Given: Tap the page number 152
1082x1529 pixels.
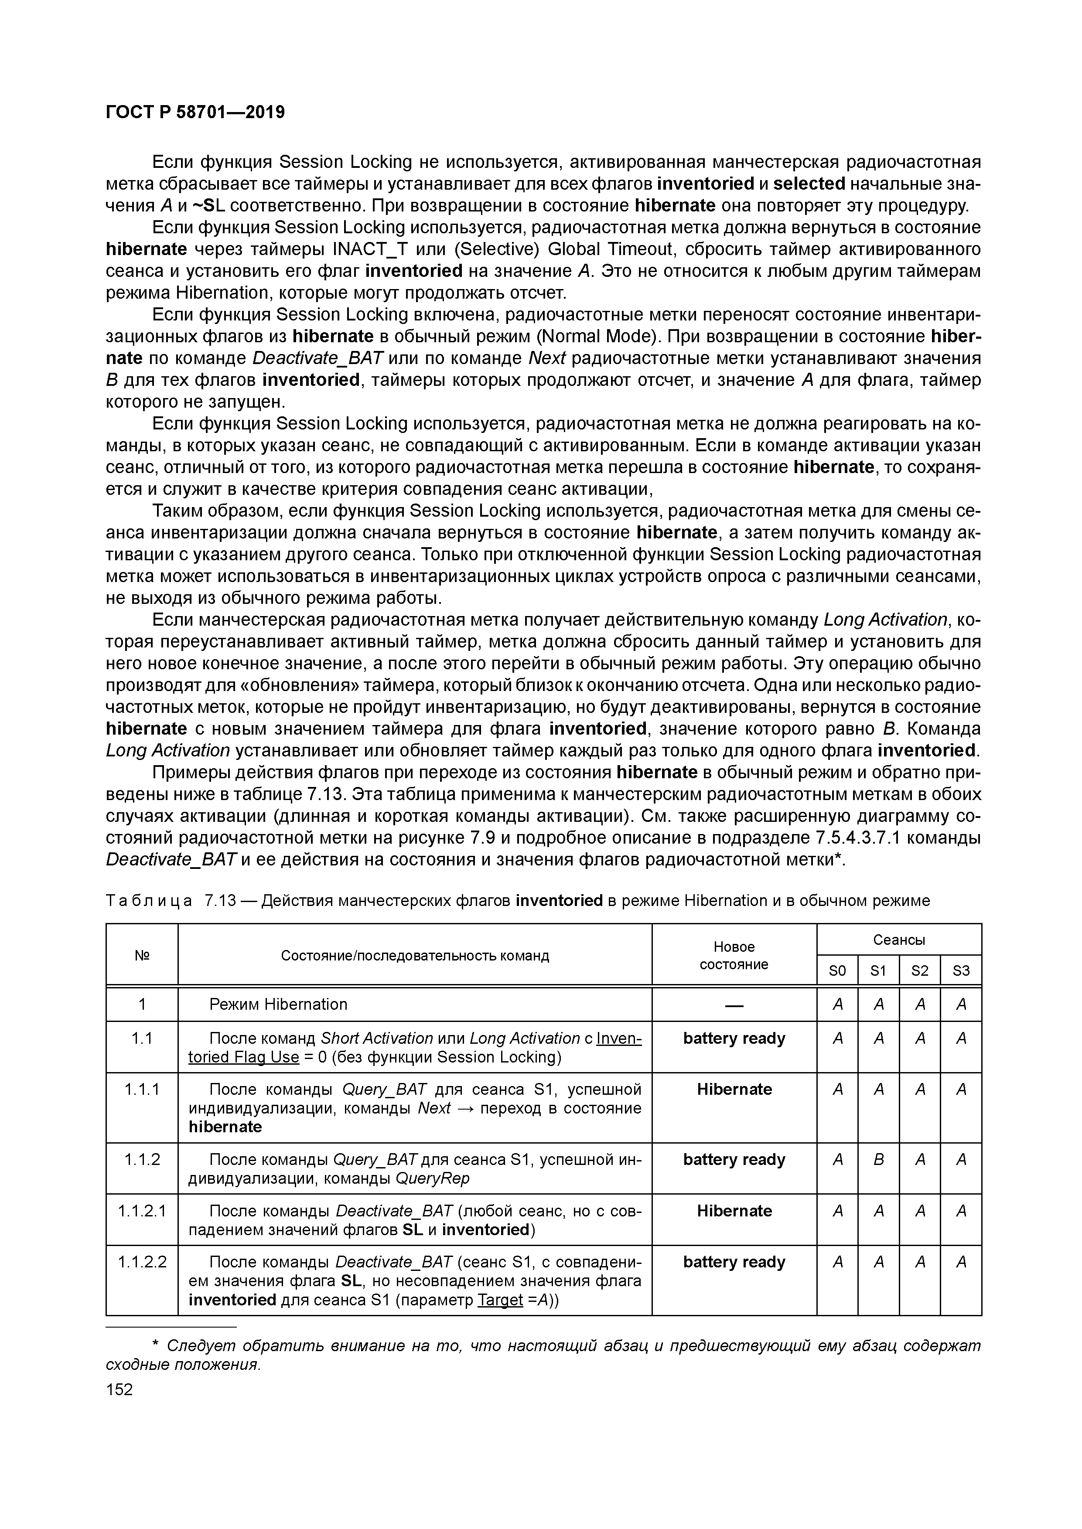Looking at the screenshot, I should [x=120, y=1389].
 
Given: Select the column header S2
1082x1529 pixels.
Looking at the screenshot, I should [x=919, y=971].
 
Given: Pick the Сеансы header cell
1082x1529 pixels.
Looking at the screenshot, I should [x=899, y=940].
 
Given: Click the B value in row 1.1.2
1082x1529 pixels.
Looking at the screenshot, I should [x=878, y=1159].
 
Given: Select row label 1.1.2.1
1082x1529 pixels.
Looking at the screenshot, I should [x=142, y=1211].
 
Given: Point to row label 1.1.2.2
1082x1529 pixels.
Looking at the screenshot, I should [x=142, y=1262].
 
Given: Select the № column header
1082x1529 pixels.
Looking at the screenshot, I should [x=142, y=956].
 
